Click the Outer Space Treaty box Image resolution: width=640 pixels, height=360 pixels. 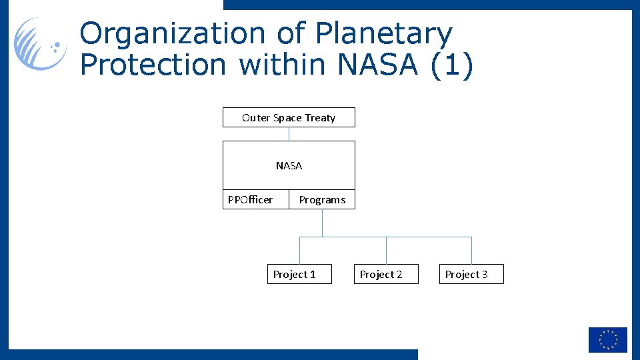289,117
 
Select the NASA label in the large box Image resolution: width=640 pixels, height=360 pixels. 289,165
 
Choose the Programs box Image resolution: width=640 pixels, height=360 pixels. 322,199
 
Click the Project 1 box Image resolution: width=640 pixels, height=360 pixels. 299,274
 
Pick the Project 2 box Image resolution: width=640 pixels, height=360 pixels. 386,274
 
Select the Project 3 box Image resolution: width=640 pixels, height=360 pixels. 471,274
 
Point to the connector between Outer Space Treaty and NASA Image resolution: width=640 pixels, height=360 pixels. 289,133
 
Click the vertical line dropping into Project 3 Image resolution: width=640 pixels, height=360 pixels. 471,251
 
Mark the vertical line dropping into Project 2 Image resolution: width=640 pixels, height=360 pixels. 386,251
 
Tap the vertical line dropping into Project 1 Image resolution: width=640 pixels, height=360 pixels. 299,251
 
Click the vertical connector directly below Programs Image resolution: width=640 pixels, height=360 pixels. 322,223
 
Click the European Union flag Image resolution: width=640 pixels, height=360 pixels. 607,339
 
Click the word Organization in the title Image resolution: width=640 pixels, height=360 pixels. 172,33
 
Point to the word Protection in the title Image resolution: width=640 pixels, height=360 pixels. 153,65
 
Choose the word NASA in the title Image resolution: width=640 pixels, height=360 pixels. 379,65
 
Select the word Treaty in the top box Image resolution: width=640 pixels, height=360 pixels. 320,117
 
